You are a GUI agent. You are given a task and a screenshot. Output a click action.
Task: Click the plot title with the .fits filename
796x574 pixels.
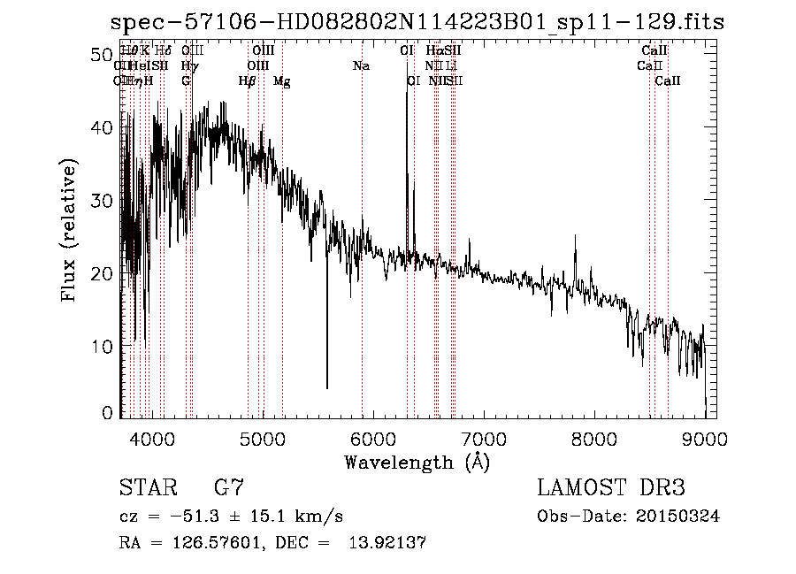pos(416,22)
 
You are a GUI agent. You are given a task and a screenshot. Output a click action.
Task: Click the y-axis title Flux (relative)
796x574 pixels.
pos(69,230)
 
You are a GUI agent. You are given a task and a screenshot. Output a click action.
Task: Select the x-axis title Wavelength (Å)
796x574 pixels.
pos(417,462)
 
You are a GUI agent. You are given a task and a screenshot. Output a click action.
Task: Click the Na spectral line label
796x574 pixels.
pos(360,66)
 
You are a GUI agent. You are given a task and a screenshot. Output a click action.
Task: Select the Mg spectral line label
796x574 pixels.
pos(282,81)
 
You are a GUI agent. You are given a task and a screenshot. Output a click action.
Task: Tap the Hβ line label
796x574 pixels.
pos(247,81)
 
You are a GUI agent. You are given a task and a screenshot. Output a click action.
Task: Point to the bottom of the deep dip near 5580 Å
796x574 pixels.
pos(327,387)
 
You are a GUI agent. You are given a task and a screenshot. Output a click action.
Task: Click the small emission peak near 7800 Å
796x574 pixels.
pos(576,236)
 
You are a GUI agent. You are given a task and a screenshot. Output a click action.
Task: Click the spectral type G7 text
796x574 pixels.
pos(229,488)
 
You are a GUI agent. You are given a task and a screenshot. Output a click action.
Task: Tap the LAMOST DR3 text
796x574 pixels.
pos(610,488)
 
